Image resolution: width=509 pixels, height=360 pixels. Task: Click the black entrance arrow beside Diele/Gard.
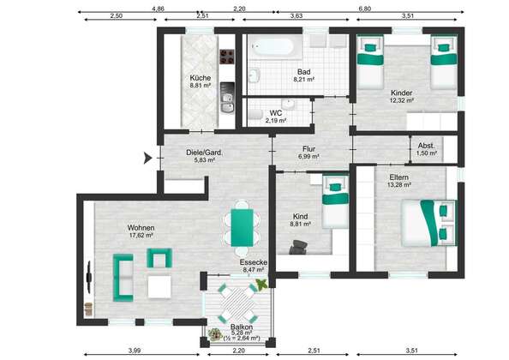(x=148, y=159)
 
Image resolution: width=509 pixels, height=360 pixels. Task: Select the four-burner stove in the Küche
(x=226, y=57)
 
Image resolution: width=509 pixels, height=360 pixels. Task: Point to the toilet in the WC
(x=255, y=115)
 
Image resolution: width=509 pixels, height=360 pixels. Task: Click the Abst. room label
(x=426, y=146)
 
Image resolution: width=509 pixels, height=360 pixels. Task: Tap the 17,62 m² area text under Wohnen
(x=141, y=235)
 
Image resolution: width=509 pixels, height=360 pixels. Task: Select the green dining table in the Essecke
(x=242, y=227)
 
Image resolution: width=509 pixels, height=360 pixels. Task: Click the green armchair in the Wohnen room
(x=159, y=258)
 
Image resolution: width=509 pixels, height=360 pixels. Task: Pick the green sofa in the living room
(x=123, y=278)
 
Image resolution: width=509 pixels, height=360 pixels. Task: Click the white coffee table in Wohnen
(x=159, y=286)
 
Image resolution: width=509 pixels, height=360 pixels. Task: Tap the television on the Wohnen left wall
(x=89, y=277)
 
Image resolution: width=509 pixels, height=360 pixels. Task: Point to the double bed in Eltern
(x=428, y=223)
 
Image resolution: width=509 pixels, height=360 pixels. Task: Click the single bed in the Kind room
(x=335, y=201)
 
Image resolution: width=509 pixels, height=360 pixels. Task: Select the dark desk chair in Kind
(x=298, y=247)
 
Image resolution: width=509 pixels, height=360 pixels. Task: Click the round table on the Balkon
(x=238, y=303)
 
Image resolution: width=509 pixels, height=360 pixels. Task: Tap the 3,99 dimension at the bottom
(x=135, y=351)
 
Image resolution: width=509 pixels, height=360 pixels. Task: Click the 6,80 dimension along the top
(x=364, y=9)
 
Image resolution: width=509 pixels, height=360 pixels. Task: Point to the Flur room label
(x=308, y=149)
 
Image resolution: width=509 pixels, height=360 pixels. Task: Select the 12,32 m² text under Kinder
(x=402, y=100)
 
